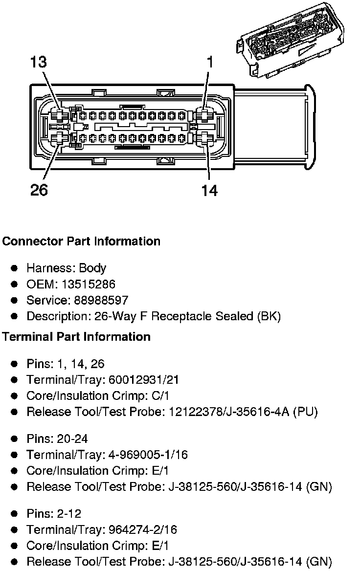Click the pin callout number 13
(x=39, y=62)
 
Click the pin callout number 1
(x=210, y=62)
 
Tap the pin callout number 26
(x=39, y=190)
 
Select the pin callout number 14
(x=209, y=190)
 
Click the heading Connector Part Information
(x=81, y=242)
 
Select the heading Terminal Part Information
(x=76, y=337)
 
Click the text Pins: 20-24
(x=57, y=439)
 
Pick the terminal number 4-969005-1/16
(x=147, y=455)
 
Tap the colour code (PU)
(x=306, y=412)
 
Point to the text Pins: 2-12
(x=54, y=514)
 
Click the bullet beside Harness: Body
(x=15, y=268)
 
